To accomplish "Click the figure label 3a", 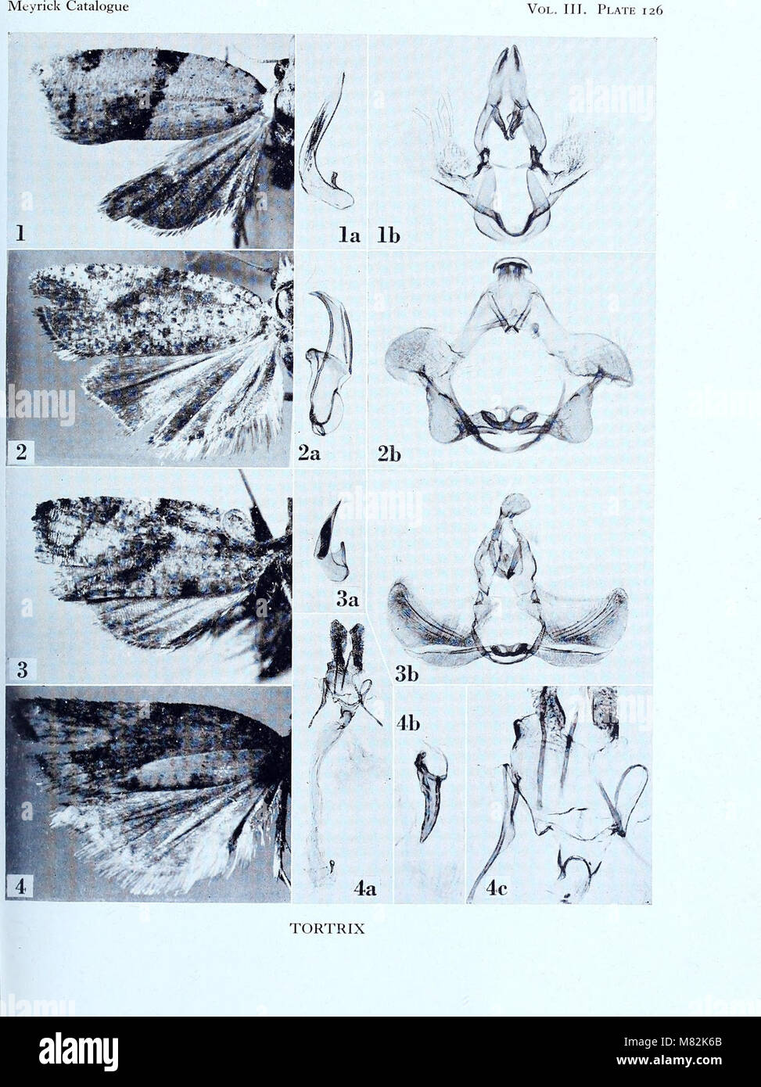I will point(347,600).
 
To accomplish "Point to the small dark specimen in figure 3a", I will point(329,540).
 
